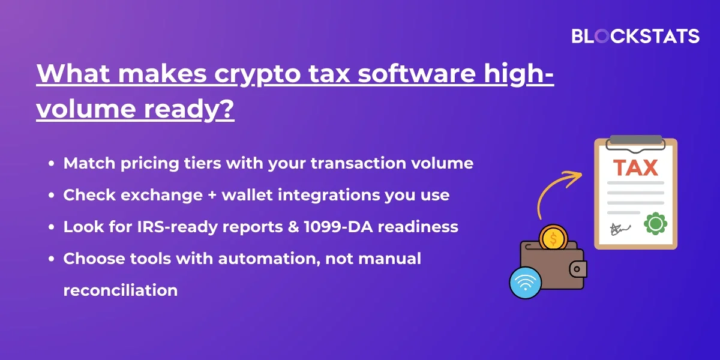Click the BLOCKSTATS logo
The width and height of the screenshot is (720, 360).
point(635,36)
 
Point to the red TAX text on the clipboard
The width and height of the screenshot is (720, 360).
point(635,168)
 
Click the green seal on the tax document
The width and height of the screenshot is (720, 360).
point(655,224)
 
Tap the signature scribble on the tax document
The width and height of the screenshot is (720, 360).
point(619,229)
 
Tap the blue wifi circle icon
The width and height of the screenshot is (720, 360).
point(526,283)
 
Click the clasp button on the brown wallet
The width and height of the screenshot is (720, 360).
point(577,269)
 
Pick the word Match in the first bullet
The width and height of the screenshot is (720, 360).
point(89,163)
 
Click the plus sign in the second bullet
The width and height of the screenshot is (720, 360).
point(212,195)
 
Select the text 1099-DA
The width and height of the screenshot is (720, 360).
point(338,227)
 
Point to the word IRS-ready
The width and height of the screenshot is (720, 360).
point(177,227)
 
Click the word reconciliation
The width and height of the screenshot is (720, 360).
point(121,290)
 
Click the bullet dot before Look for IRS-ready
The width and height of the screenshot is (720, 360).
point(52,227)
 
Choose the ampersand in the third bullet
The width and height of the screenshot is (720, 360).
point(293,227)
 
